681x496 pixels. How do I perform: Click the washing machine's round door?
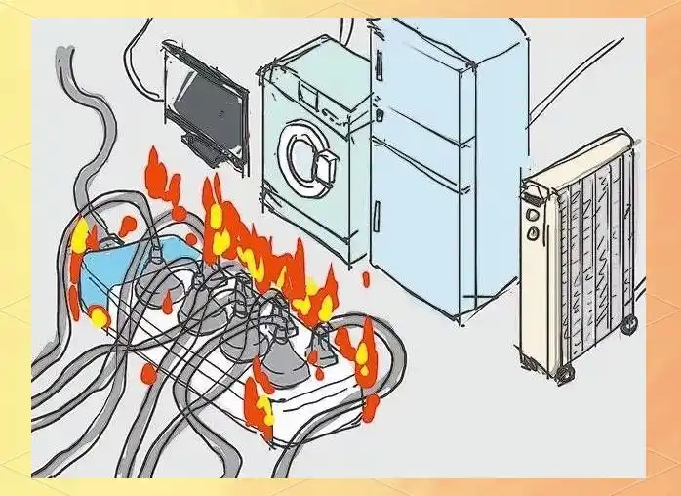point(308,151)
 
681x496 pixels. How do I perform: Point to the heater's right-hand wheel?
point(628,323)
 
